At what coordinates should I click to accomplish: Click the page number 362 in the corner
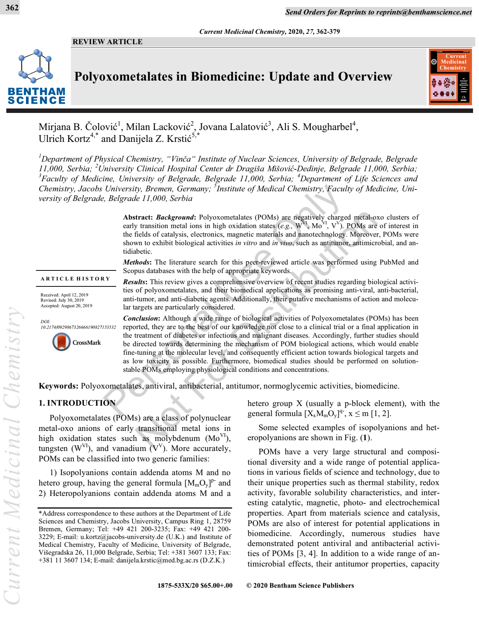coord(12,7)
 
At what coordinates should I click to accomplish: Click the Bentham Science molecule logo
coord(36,66)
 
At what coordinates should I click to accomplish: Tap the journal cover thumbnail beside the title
coord(450,77)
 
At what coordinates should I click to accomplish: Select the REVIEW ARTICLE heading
coord(107,42)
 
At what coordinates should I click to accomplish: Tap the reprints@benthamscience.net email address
coord(424,12)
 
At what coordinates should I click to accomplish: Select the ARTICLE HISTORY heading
coord(75,279)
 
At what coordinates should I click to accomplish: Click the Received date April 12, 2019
coord(75,295)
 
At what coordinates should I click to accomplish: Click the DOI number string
coord(78,327)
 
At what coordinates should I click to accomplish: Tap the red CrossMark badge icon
coord(61,342)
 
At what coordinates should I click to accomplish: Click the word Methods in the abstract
coord(136,262)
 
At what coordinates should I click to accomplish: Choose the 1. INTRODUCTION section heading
coord(77,403)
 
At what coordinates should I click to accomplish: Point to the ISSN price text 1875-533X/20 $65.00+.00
coord(195,585)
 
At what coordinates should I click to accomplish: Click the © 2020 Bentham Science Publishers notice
coord(300,585)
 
